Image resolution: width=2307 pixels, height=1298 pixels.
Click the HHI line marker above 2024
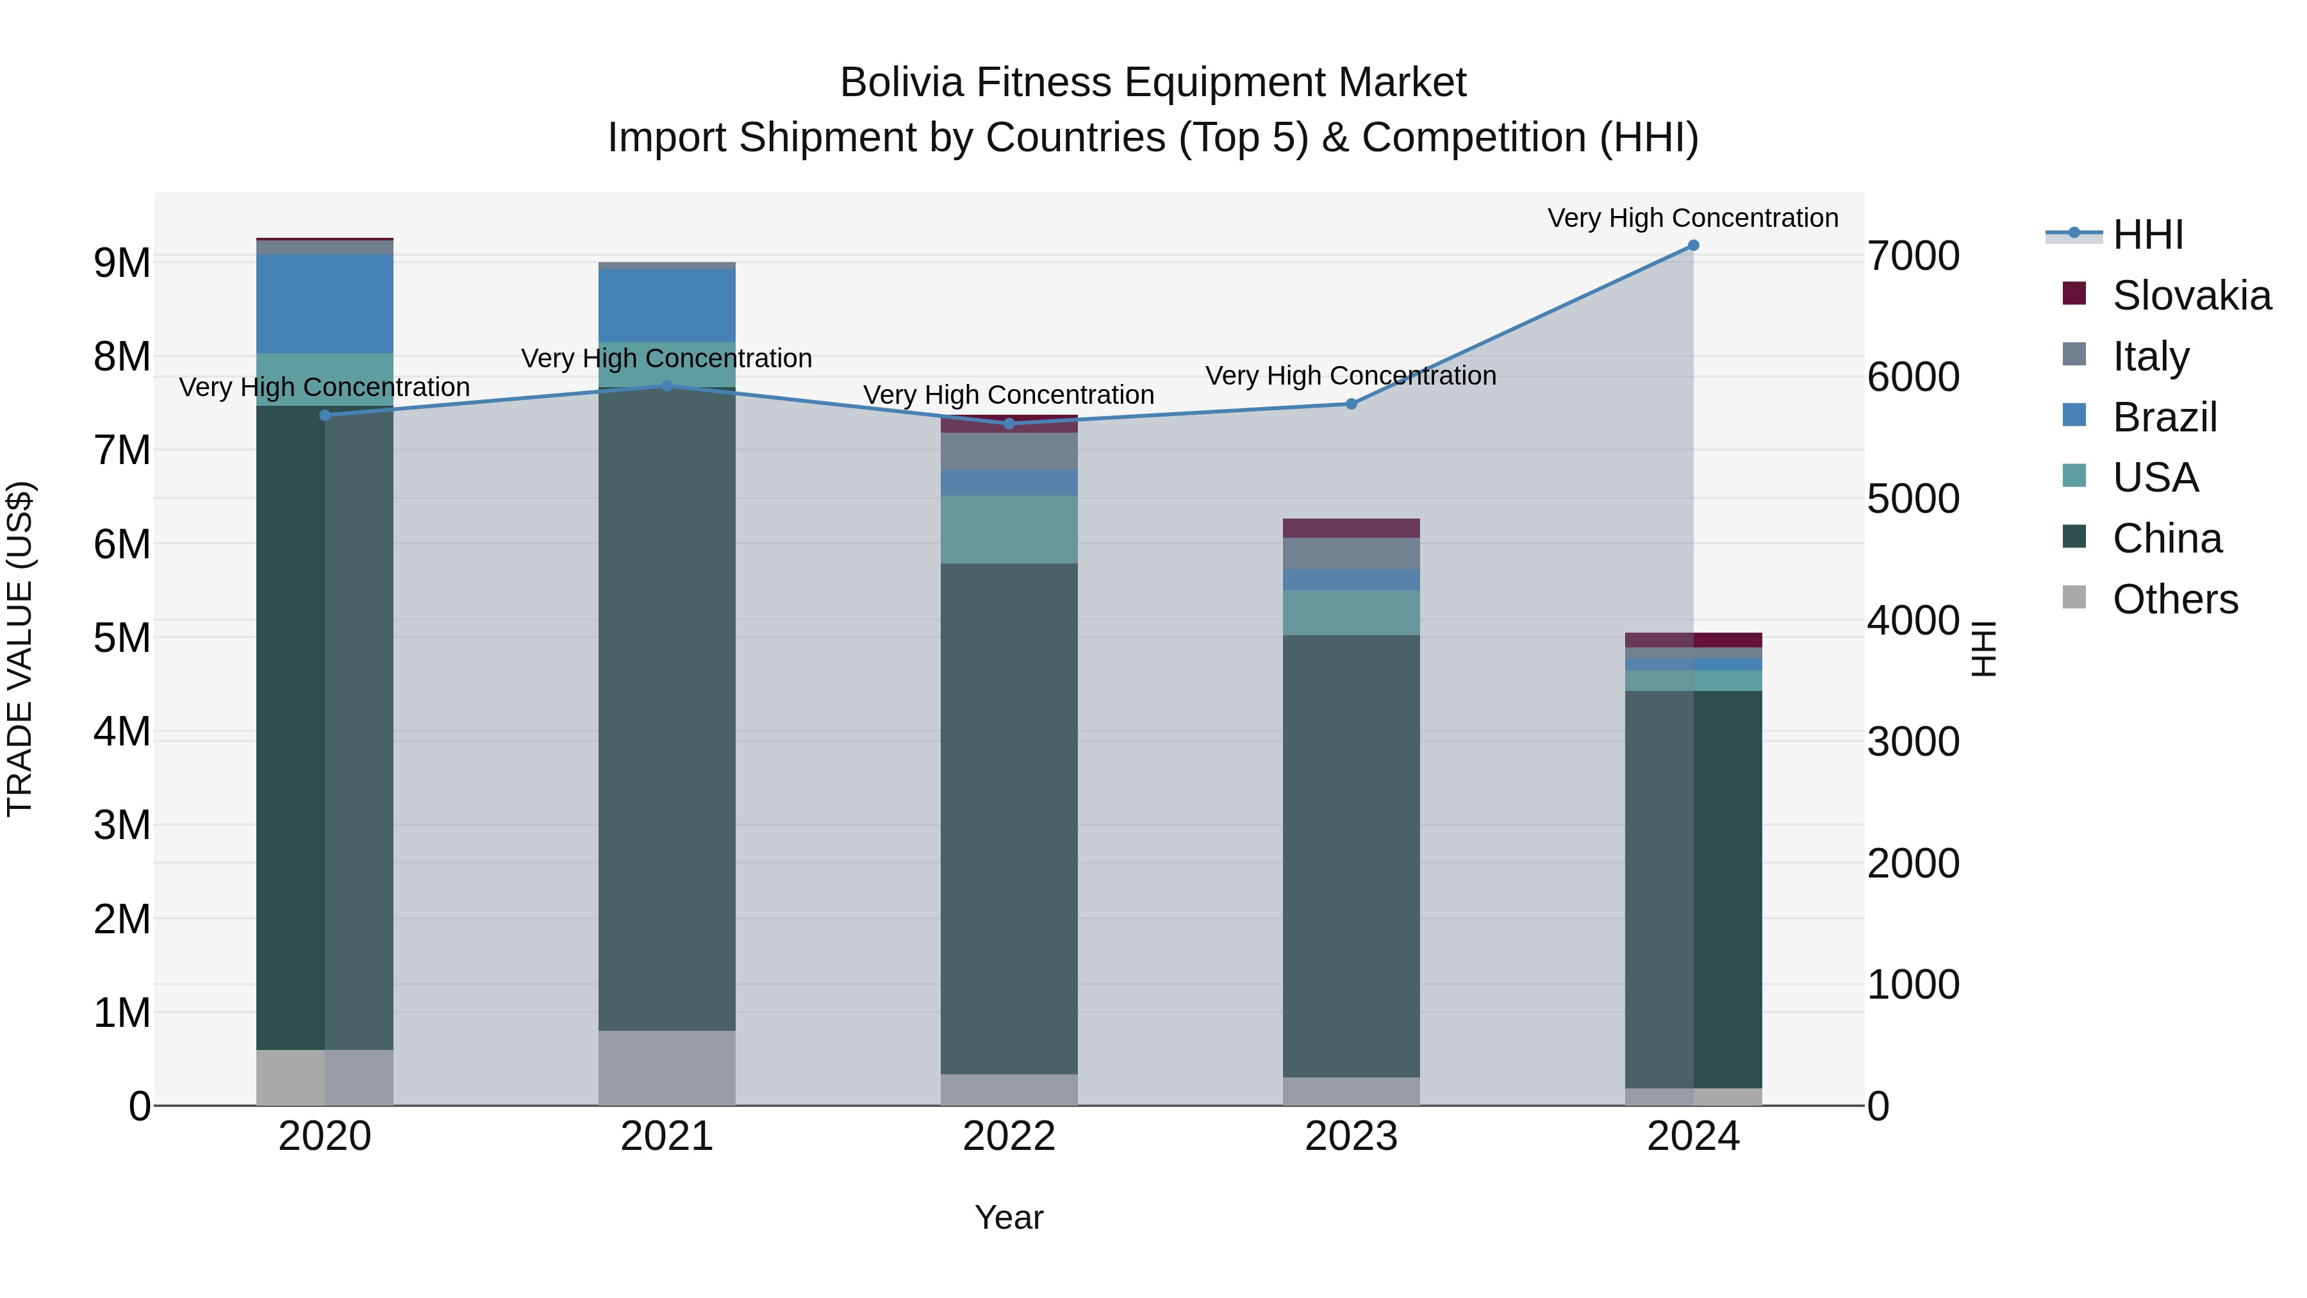(1692, 245)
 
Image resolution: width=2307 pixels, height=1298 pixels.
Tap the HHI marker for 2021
(666, 386)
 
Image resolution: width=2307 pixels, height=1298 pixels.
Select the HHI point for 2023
(1352, 404)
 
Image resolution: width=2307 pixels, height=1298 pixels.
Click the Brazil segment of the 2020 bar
(324, 304)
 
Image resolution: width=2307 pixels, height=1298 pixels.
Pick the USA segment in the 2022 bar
(1009, 529)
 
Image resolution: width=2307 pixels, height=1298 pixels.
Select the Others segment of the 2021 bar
(666, 1068)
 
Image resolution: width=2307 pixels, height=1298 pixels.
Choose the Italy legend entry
(2149, 356)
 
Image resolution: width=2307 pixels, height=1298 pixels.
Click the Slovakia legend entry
(2190, 295)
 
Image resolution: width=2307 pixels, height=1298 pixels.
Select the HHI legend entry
(2147, 235)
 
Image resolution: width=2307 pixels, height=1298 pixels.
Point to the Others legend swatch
(2073, 597)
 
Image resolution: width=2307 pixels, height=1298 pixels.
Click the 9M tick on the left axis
(122, 262)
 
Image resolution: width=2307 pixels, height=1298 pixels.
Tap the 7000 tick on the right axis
(1913, 256)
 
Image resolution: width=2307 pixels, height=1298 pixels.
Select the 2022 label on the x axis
(1009, 1136)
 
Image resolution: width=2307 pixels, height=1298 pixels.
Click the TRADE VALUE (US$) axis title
(20, 649)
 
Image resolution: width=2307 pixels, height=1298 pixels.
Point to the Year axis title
(1009, 1217)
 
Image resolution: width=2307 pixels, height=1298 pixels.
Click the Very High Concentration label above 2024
(1692, 218)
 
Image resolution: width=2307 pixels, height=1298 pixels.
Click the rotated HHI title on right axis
(1983, 649)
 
